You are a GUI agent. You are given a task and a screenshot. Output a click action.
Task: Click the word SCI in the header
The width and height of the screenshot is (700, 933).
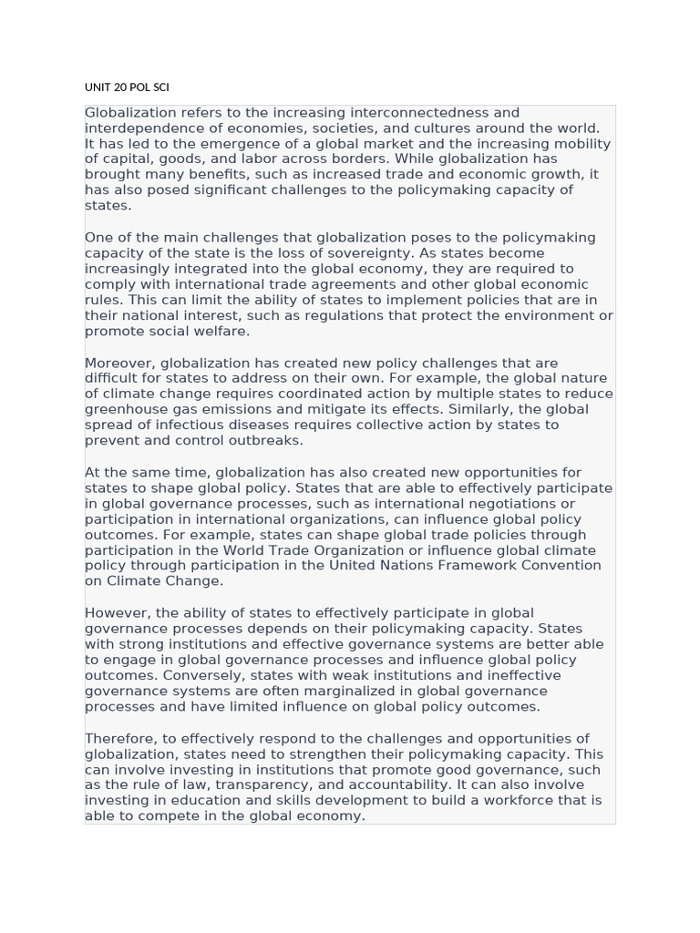[x=159, y=87]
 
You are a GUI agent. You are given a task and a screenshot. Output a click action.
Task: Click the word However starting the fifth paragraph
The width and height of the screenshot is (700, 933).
[x=117, y=612]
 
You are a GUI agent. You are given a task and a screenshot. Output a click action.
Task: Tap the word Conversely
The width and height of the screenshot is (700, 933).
[x=203, y=675]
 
